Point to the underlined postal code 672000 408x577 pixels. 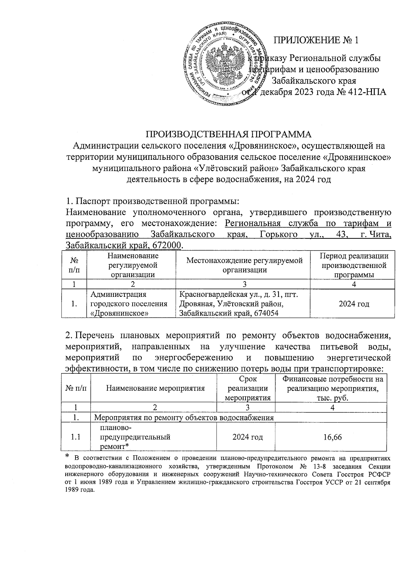[168, 245]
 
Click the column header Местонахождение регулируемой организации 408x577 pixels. [244, 265]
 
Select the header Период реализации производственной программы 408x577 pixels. [354, 265]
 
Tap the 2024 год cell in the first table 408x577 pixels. [354, 304]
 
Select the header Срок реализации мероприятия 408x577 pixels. [248, 388]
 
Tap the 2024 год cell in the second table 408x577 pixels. [248, 437]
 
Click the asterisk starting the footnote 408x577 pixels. [67, 456]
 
